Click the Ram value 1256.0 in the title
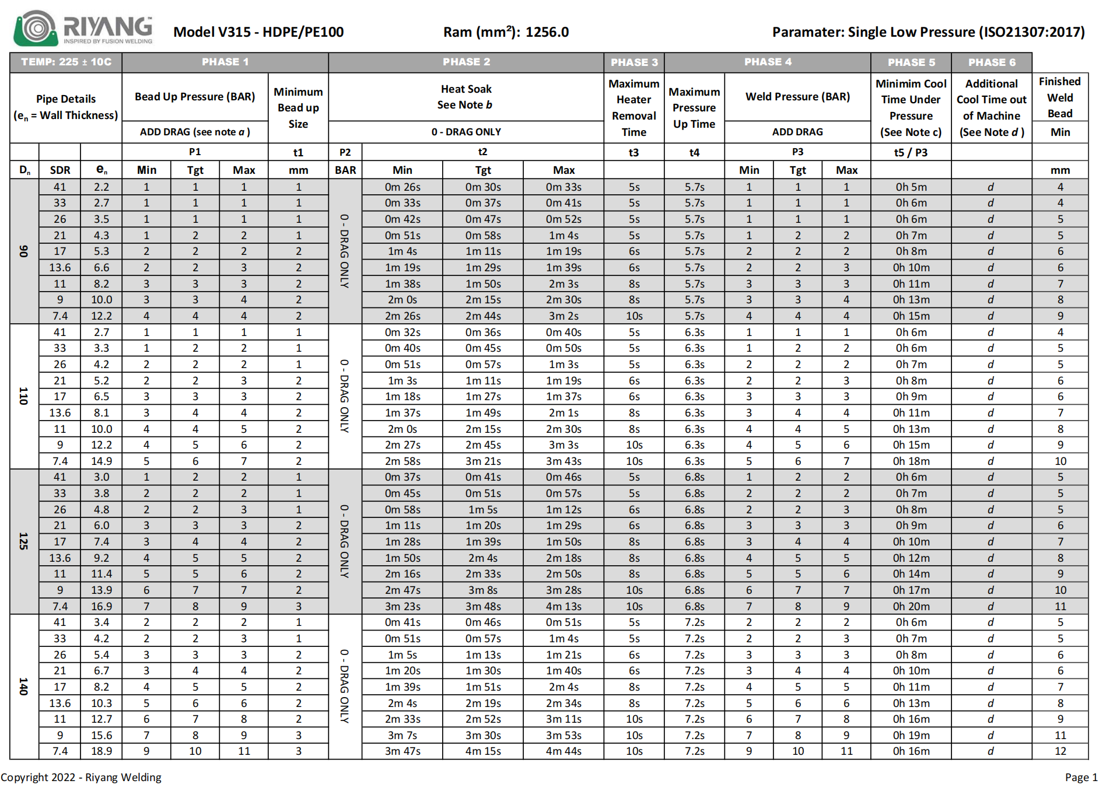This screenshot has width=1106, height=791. [x=547, y=32]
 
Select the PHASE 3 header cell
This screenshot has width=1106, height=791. [x=634, y=62]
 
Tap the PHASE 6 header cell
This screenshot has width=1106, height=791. [x=992, y=62]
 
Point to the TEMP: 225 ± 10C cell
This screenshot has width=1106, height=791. [x=66, y=62]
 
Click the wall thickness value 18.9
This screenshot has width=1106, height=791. [x=101, y=751]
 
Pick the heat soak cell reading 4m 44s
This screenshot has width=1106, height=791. [x=563, y=751]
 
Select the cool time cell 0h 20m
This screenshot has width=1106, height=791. [x=911, y=607]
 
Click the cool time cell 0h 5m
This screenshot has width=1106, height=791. [x=911, y=187]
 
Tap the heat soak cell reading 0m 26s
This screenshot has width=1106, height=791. [x=402, y=187]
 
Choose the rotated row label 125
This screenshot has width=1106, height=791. [x=24, y=541]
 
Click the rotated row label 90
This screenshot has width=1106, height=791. [x=24, y=251]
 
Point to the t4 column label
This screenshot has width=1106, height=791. [x=694, y=153]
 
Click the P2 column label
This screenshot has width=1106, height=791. [x=345, y=153]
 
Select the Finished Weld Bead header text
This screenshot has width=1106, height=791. [x=1060, y=97]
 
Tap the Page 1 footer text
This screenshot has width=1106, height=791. [x=1081, y=778]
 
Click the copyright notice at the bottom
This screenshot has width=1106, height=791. [x=81, y=778]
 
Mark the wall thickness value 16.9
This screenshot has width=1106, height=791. [x=101, y=607]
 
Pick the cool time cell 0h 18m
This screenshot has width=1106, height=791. [x=911, y=461]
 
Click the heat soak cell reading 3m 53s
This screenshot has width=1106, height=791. [x=563, y=736]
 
